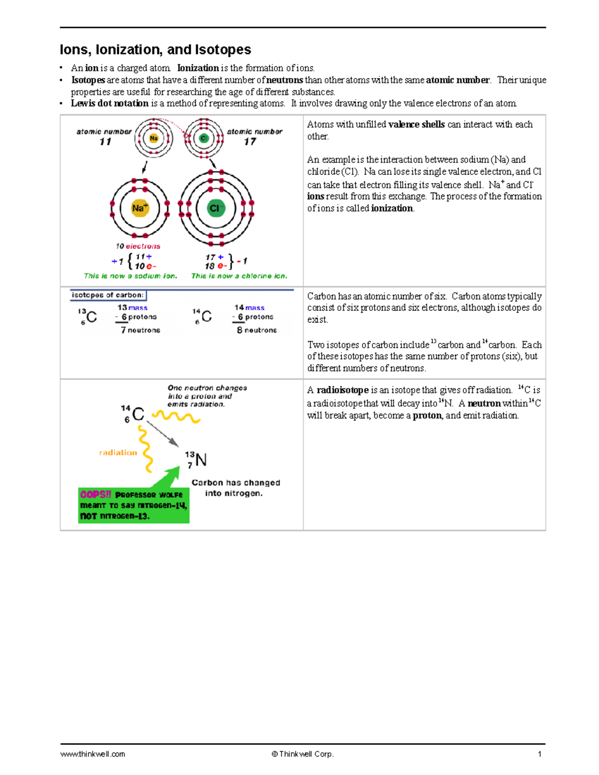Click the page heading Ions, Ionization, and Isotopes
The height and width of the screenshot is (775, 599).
click(155, 50)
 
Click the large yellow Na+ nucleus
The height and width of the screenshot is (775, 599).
click(139, 208)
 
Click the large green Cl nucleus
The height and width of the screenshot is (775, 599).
click(216, 208)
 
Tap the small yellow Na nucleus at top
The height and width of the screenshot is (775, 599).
click(154, 138)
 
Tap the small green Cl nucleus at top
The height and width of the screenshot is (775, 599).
click(203, 138)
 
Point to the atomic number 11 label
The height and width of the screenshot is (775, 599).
click(104, 137)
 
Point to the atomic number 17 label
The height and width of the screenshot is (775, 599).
click(254, 137)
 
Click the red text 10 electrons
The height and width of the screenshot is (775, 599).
click(138, 246)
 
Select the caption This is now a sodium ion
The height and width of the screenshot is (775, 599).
click(130, 276)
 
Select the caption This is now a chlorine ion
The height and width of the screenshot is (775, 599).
click(239, 276)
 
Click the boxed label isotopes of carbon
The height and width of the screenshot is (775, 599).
click(108, 295)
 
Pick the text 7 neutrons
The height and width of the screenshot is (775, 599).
click(140, 330)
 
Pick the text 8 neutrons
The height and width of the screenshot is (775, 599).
click(257, 330)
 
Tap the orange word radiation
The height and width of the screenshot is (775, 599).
click(118, 453)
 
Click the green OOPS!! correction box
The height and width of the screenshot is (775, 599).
click(133, 506)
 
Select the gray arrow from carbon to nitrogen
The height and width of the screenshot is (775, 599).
click(163, 434)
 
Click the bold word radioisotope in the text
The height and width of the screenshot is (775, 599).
click(342, 390)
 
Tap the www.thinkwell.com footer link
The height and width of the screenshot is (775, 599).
click(93, 754)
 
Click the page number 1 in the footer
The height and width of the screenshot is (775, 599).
click(540, 754)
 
